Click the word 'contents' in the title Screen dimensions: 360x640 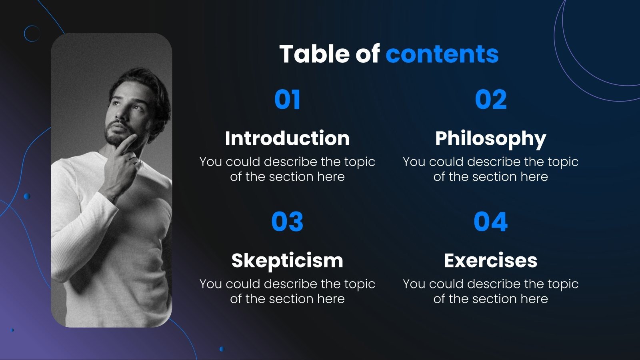442,54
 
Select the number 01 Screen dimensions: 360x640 287,100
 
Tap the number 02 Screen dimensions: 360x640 490,100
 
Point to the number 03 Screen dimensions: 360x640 287,222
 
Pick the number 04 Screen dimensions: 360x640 490,222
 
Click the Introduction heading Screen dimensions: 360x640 287,138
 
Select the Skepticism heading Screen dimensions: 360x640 287,261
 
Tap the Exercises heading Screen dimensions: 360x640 490,261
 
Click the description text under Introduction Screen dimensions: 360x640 287,169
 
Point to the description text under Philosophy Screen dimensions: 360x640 490,169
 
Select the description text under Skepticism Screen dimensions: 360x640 287,291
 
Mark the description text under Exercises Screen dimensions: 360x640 490,291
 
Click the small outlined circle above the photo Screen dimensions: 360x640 32,34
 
